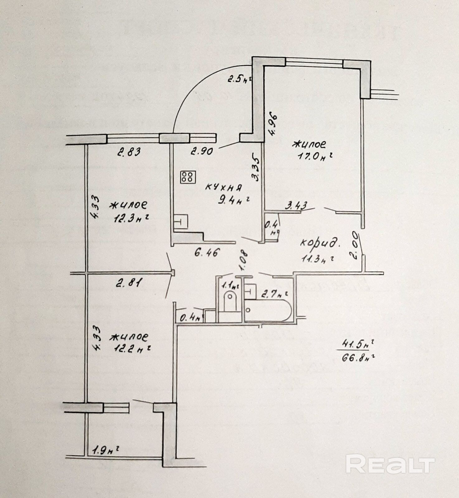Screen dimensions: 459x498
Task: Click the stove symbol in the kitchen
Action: pyautogui.click(x=188, y=177)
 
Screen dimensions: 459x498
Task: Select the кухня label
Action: pyautogui.click(x=223, y=187)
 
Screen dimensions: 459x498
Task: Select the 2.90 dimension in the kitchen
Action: pyautogui.click(x=202, y=152)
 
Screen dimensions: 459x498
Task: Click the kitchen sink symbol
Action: pyautogui.click(x=181, y=222)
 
